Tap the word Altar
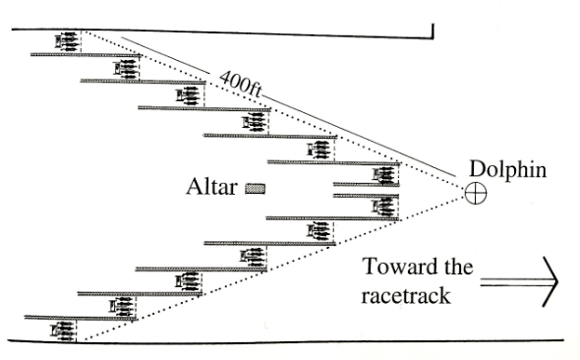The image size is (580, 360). [x=212, y=187]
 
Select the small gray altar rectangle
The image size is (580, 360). [x=256, y=187]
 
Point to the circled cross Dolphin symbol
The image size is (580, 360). [x=476, y=194]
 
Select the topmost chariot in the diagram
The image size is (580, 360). [x=68, y=41]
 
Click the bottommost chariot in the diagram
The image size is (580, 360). [x=64, y=330]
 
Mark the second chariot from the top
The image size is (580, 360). [x=126, y=69]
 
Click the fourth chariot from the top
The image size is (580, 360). [x=254, y=123]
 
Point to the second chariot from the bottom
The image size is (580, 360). [x=124, y=306]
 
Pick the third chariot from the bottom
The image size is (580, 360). [x=187, y=282]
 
